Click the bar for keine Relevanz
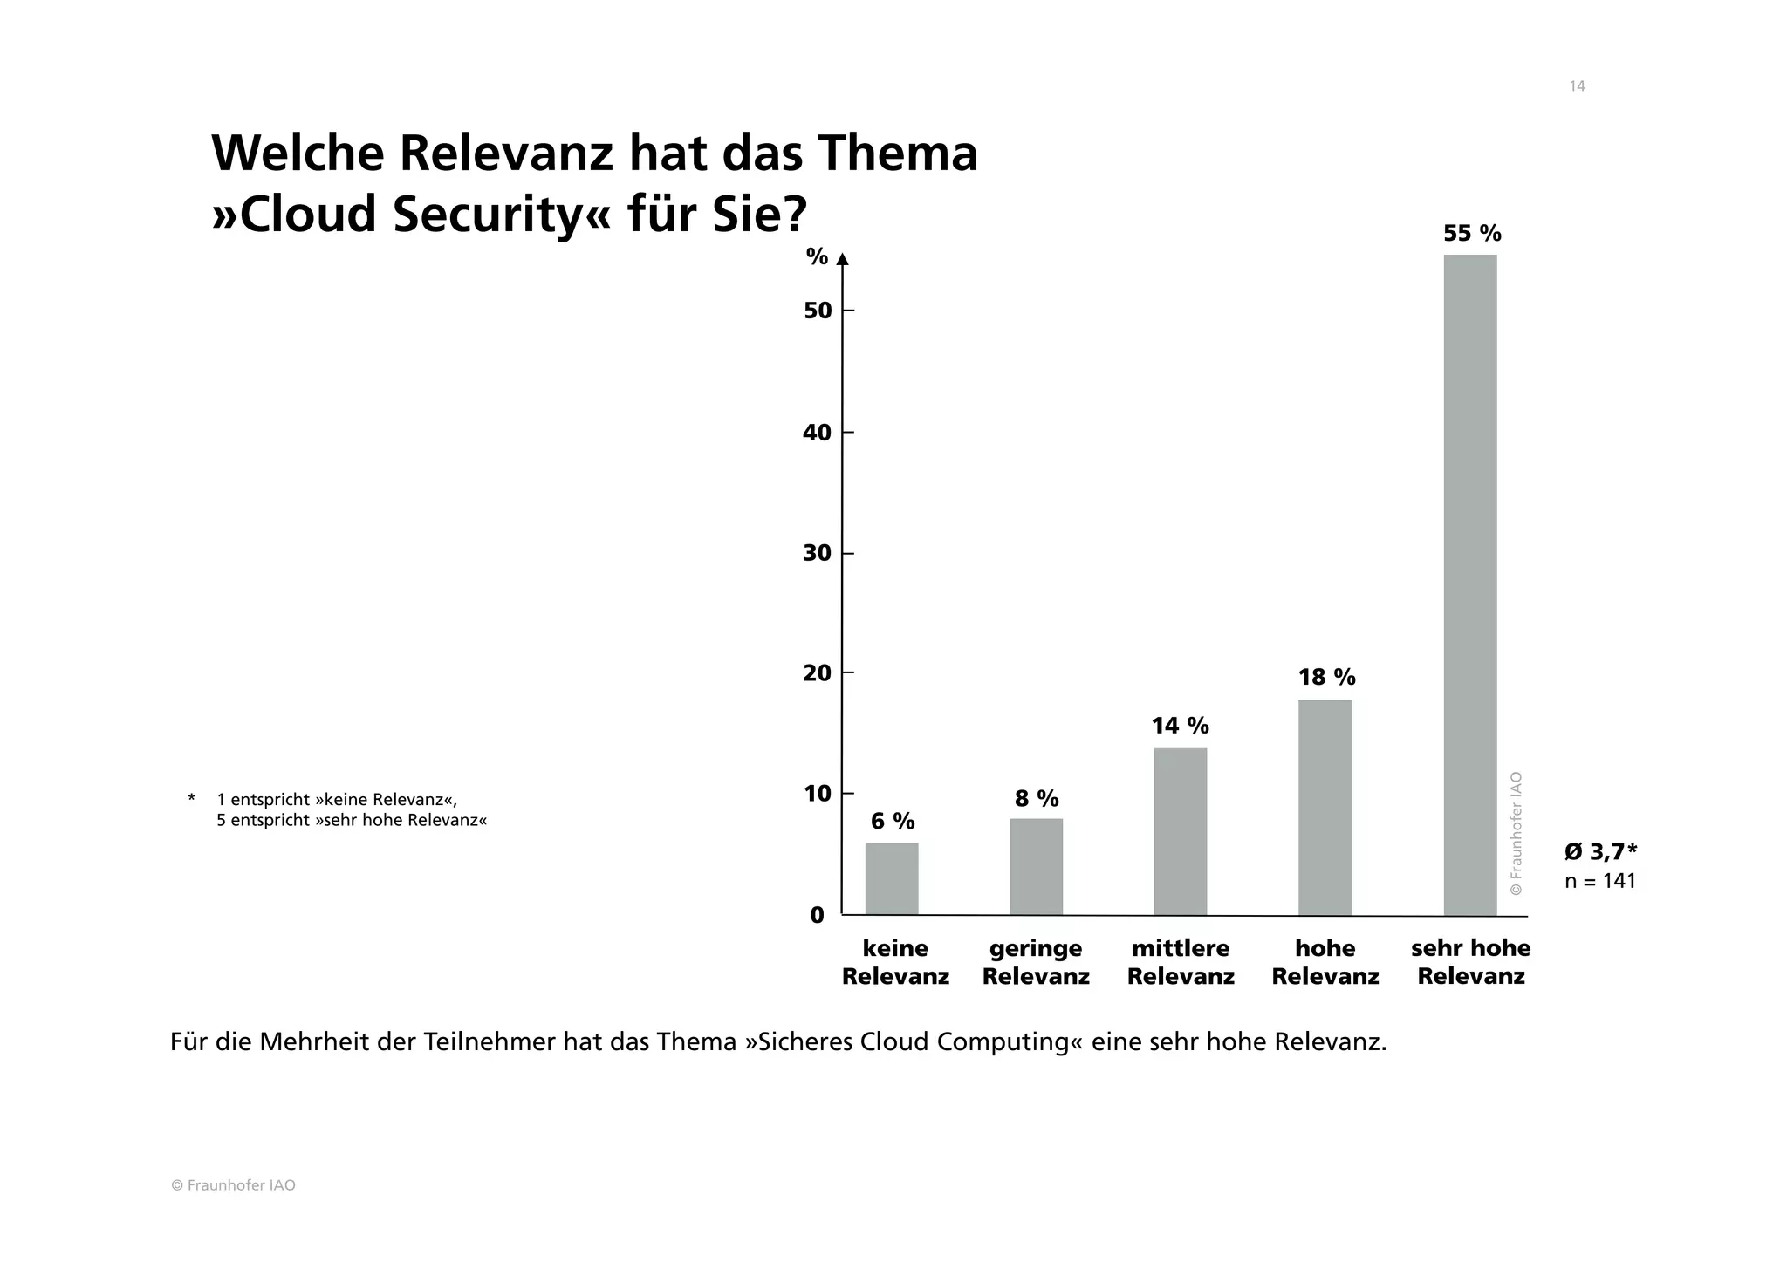pyautogui.click(x=892, y=878)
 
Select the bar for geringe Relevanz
pyautogui.click(x=1036, y=866)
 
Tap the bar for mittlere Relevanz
pyautogui.click(x=1180, y=830)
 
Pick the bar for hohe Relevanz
pyautogui.click(x=1325, y=807)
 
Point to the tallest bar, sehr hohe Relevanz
pyautogui.click(x=1469, y=584)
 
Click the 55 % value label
pyautogui.click(x=1472, y=234)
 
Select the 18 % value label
pyautogui.click(x=1326, y=677)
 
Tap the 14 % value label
pyautogui.click(x=1180, y=726)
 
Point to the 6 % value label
pyautogui.click(x=893, y=821)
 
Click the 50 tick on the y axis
pyautogui.click(x=818, y=311)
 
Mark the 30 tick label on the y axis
pyautogui.click(x=818, y=554)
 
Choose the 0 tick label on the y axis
pyautogui.click(x=818, y=915)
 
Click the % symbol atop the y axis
pyautogui.click(x=817, y=256)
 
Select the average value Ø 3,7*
pyautogui.click(x=1600, y=851)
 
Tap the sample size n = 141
pyautogui.click(x=1600, y=881)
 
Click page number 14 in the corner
pyautogui.click(x=1577, y=86)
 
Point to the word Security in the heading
pyautogui.click(x=485, y=215)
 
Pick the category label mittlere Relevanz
pyautogui.click(x=1180, y=962)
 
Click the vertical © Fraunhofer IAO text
pyautogui.click(x=1516, y=833)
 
